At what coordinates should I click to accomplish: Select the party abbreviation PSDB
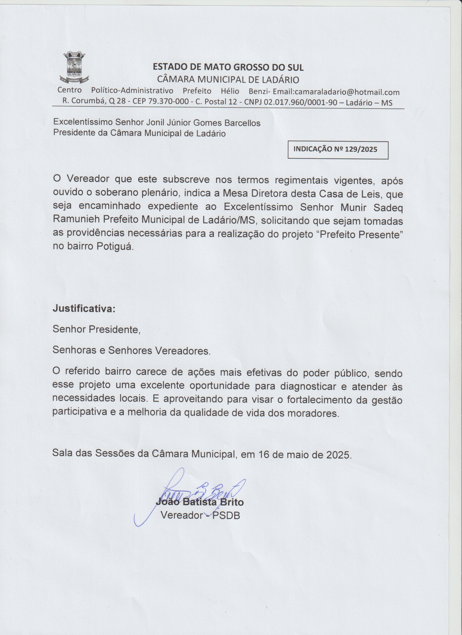pyautogui.click(x=226, y=515)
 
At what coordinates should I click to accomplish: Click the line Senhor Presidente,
pyautogui.click(x=96, y=329)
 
